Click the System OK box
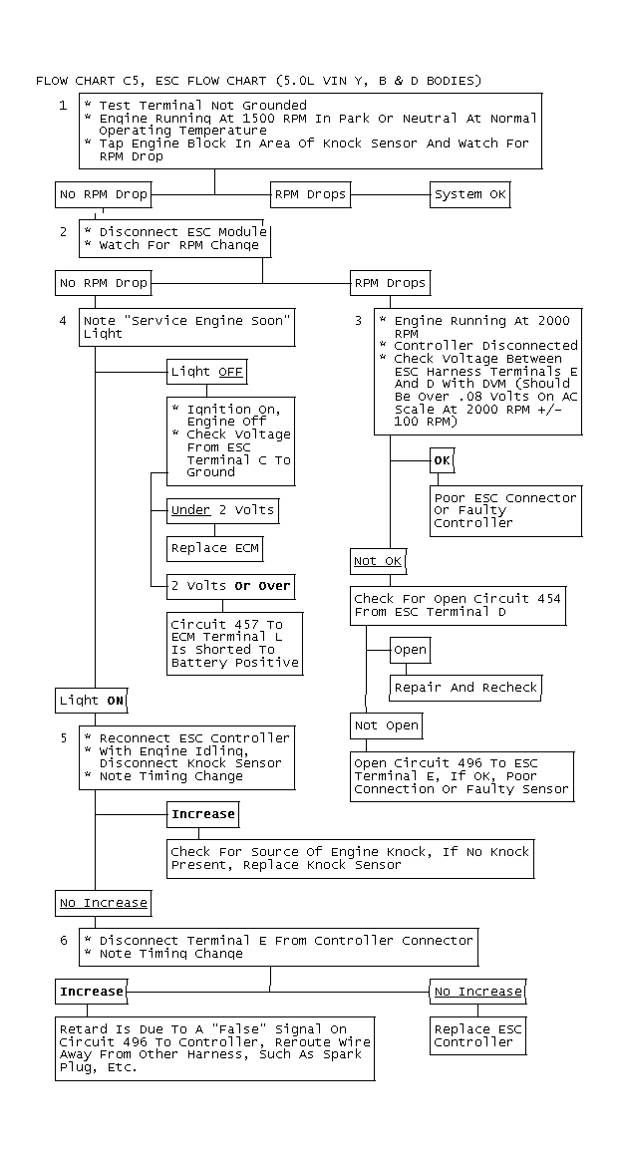pyautogui.click(x=468, y=194)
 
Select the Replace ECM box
pyautogui.click(x=214, y=548)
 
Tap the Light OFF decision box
pyautogui.click(x=206, y=372)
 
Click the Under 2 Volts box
pyautogui.click(x=222, y=510)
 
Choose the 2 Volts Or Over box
pyautogui.click(x=230, y=587)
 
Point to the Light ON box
pyautogui.click(x=92, y=701)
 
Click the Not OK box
pyautogui.click(x=378, y=562)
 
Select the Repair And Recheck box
pyautogui.click(x=465, y=687)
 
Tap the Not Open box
pyautogui.click(x=387, y=725)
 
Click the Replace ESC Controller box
pyautogui.click(x=477, y=1035)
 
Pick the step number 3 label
pyautogui.click(x=358, y=321)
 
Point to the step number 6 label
pyautogui.click(x=64, y=940)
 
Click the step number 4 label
pyautogui.click(x=64, y=321)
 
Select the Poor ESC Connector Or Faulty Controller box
pyautogui.click(x=505, y=510)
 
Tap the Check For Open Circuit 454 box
pyautogui.click(x=458, y=605)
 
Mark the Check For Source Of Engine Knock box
pyautogui.click(x=350, y=858)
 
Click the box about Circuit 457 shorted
pyautogui.click(x=235, y=644)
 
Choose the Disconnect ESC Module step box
pyautogui.click(x=174, y=238)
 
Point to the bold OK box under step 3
pyautogui.click(x=442, y=460)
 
